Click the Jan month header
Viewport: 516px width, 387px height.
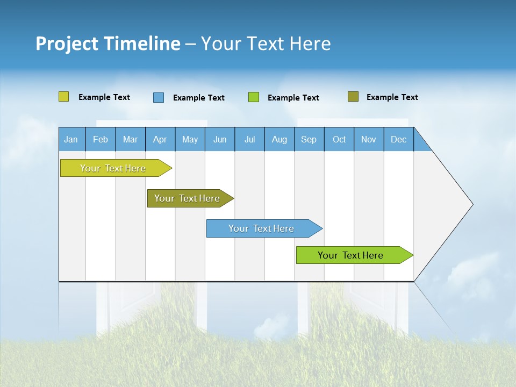point(71,139)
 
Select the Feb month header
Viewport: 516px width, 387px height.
point(101,139)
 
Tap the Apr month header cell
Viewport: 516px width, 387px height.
point(160,139)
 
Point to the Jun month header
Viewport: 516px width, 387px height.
point(220,139)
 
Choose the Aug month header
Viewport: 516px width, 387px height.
point(279,139)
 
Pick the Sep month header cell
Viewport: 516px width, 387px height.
point(309,139)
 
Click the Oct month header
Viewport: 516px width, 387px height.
point(339,139)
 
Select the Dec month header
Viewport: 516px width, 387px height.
point(399,139)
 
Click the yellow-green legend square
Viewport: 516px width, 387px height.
point(63,97)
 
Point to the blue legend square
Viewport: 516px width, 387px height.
point(159,97)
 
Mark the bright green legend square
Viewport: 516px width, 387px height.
point(254,97)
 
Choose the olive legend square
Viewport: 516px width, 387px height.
point(353,97)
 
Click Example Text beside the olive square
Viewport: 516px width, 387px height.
point(392,97)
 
